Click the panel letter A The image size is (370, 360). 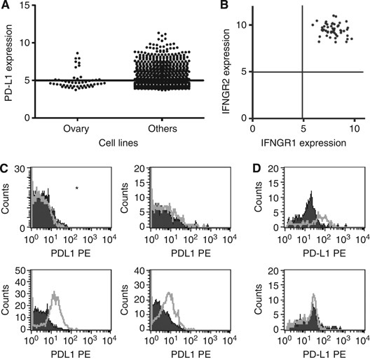click(x=6, y=6)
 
